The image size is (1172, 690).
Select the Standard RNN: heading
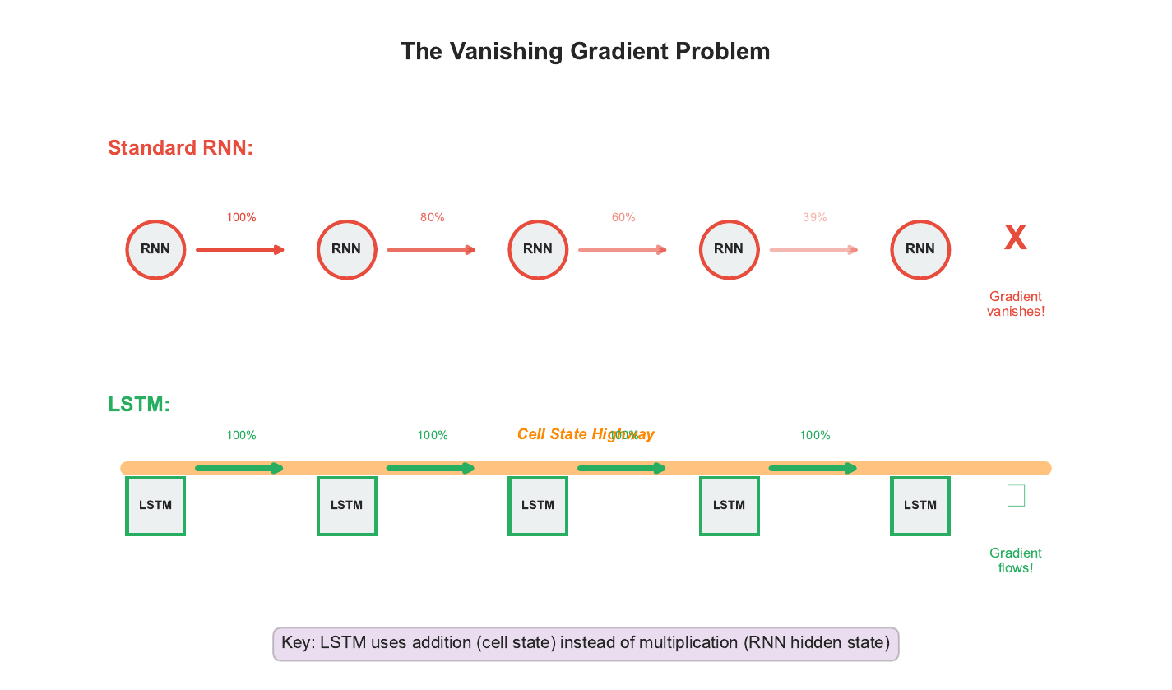point(180,148)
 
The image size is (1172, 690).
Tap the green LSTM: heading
point(139,405)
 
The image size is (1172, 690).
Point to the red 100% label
point(241,218)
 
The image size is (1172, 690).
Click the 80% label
point(433,218)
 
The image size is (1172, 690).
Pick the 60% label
point(623,218)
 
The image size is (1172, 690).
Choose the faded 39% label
point(815,218)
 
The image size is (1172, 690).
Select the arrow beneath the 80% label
point(432,250)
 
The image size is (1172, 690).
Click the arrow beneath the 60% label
point(623,250)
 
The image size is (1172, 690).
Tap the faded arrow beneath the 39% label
point(814,250)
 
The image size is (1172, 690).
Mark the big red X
point(1016,238)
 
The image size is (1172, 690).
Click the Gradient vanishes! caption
point(1016,304)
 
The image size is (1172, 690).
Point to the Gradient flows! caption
point(1016,561)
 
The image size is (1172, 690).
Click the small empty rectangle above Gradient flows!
point(1016,496)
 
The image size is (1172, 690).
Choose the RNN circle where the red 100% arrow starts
point(155,250)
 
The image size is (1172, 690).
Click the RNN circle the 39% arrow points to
point(920,250)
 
